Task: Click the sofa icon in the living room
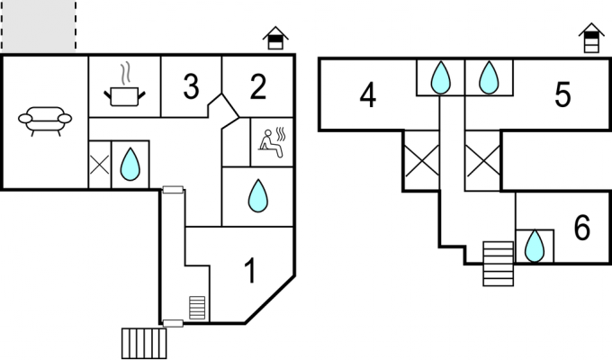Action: (45, 121)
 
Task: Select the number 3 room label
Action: (191, 86)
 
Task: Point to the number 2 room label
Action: (258, 86)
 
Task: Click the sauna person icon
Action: (273, 141)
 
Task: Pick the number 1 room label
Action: (250, 271)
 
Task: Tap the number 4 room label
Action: (368, 94)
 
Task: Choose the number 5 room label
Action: (562, 94)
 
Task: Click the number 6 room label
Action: (582, 227)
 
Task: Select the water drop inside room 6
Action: (535, 246)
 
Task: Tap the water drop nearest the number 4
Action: (441, 77)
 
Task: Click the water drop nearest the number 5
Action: (489, 77)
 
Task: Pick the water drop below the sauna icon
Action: (258, 195)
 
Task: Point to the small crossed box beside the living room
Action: (100, 165)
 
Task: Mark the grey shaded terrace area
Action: (39, 26)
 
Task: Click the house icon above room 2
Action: (275, 38)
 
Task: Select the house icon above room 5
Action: (591, 38)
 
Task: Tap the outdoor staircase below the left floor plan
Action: (144, 343)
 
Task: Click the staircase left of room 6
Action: (498, 264)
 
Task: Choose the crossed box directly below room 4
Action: (422, 160)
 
